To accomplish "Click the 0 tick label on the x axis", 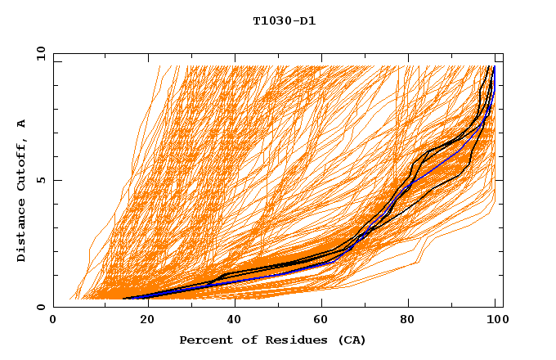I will pyautogui.click(x=53, y=322).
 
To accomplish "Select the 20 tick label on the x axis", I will pyautogui.click(x=142, y=322).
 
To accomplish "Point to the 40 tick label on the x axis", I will pyautogui.click(x=231, y=322).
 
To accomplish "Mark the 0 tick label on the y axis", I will pyautogui.click(x=41, y=308).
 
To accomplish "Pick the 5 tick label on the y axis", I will pyautogui.click(x=41, y=180).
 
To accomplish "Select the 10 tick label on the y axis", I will pyautogui.click(x=38, y=53).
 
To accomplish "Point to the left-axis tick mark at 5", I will pyautogui.click(x=56, y=180).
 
